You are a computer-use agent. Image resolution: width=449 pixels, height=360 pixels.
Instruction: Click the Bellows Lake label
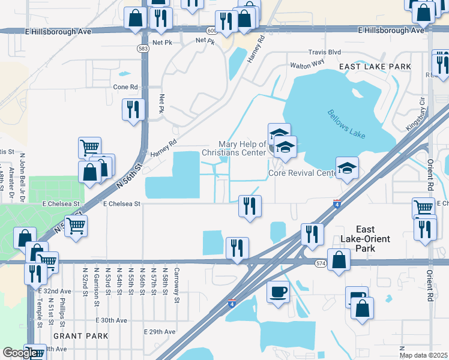click(347, 124)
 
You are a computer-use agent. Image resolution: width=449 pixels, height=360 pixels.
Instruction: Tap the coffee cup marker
click(277, 292)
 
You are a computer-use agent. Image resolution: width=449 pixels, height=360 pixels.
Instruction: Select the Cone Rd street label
click(125, 86)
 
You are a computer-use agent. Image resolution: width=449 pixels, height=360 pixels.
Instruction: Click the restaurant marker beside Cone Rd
click(133, 109)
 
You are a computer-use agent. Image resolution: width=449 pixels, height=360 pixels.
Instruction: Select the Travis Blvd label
click(324, 52)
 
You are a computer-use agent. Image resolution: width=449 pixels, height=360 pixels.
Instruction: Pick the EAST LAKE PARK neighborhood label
click(375, 66)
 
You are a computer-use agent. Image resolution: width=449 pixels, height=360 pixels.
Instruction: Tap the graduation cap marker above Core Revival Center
click(348, 169)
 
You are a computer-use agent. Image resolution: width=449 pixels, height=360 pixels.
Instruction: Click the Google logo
click(19, 352)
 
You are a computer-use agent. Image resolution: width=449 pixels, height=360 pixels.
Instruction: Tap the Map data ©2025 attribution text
click(423, 355)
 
